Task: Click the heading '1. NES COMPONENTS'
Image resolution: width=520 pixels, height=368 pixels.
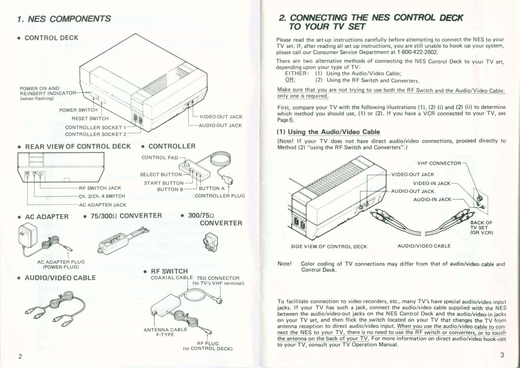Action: [64, 19]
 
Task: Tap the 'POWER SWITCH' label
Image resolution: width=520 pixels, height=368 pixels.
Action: [78, 110]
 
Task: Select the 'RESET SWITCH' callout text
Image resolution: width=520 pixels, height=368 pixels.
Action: [90, 119]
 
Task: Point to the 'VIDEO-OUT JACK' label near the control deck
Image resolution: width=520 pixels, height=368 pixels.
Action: [221, 117]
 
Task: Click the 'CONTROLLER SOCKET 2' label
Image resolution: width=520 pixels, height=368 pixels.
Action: [95, 134]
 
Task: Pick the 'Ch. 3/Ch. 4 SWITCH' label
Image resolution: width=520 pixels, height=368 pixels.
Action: [102, 196]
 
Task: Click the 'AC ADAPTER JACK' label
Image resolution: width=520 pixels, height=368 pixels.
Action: [102, 205]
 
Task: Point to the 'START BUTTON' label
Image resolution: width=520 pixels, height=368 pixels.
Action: [164, 183]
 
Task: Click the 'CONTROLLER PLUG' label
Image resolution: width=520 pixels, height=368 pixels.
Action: [220, 196]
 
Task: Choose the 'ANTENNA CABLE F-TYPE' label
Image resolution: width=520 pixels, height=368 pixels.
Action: [165, 332]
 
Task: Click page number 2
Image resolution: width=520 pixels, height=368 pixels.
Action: [20, 357]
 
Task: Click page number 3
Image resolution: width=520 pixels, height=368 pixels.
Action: [502, 355]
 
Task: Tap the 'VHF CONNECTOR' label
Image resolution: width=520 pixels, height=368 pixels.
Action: [439, 164]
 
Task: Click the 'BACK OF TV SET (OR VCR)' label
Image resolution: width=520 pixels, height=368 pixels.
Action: [481, 228]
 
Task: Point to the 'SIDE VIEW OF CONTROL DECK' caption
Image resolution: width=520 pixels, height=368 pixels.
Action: [329, 247]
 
